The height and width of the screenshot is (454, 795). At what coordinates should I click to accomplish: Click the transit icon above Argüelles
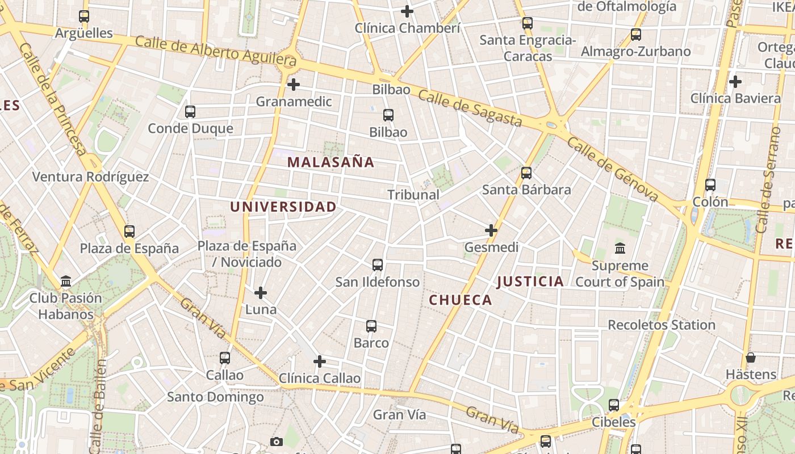84,16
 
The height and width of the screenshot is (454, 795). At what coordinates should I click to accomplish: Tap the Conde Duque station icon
190,112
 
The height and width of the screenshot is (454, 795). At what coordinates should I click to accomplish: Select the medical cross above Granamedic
293,85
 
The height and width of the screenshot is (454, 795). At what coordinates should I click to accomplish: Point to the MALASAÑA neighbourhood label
330,162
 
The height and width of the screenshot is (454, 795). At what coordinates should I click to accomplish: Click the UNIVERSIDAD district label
283,207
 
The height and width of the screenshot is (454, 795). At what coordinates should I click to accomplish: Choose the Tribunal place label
413,195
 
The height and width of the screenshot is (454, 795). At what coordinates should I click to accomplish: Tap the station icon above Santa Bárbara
526,173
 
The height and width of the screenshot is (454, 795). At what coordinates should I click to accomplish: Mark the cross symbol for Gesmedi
491,230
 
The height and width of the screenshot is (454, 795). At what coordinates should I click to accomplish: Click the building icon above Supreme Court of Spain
620,249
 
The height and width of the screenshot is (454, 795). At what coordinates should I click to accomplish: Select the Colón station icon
710,185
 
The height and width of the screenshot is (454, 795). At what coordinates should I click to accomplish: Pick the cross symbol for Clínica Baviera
735,82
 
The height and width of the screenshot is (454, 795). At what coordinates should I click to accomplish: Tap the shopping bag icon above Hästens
751,358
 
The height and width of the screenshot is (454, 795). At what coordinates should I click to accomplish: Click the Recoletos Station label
662,325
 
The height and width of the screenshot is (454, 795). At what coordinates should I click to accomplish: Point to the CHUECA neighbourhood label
461,300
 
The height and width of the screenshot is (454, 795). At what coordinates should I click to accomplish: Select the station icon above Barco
371,326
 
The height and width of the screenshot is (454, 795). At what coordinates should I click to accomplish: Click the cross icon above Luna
261,293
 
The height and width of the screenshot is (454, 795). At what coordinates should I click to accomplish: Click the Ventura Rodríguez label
90,177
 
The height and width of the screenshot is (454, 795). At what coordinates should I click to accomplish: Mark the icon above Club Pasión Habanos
66,281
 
